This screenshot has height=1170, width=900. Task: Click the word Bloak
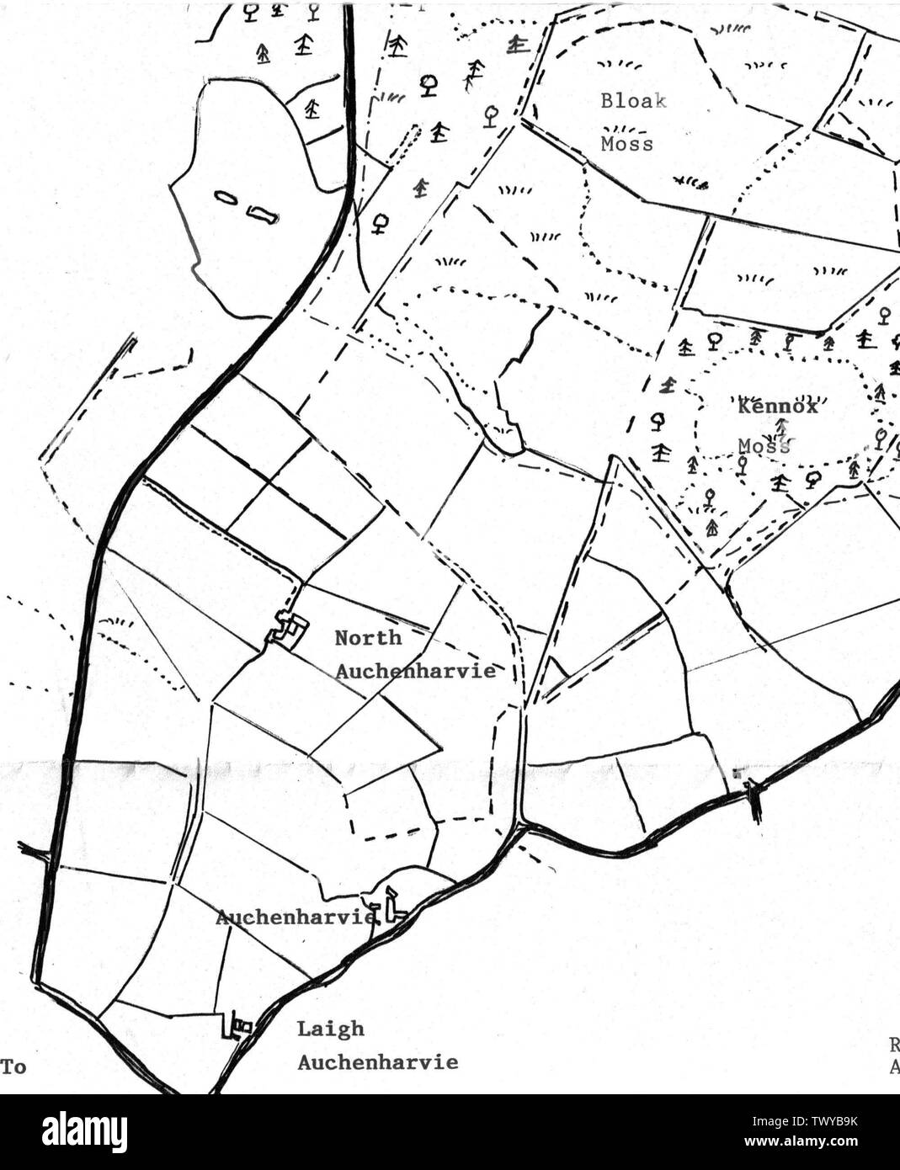coord(633,101)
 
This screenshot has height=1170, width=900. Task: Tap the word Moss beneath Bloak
coord(626,144)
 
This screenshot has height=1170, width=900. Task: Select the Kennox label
coord(778,407)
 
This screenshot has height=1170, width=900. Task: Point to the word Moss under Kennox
coord(764,445)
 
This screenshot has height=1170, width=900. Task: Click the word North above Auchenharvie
coord(368,638)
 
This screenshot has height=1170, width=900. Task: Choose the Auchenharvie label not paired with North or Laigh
coord(295,916)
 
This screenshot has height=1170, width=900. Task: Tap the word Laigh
coord(330,1029)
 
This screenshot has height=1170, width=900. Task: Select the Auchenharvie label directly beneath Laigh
coord(378,1062)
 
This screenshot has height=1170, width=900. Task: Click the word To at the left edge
coord(13,1067)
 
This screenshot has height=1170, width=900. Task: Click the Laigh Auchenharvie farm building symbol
coord(237,1026)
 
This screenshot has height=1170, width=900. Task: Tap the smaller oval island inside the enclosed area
coord(226,197)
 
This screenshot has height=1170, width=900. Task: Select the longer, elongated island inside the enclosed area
coord(262,215)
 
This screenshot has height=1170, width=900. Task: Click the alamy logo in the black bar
coord(84,1132)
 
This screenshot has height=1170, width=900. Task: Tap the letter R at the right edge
coord(894,1046)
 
